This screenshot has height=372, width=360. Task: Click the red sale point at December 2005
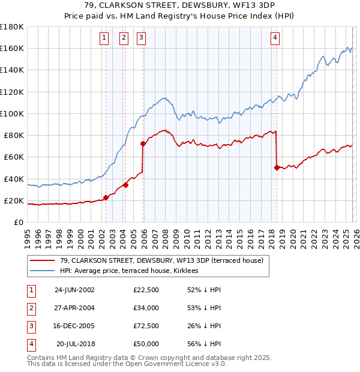(143, 143)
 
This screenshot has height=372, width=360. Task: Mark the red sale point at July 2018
(277, 167)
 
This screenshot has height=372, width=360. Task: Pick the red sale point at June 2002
(106, 197)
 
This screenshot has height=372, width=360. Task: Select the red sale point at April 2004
(125, 185)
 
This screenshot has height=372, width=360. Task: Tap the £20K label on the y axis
(14, 200)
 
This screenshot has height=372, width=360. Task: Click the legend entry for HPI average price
(132, 271)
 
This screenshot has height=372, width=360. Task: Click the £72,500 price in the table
(146, 327)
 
